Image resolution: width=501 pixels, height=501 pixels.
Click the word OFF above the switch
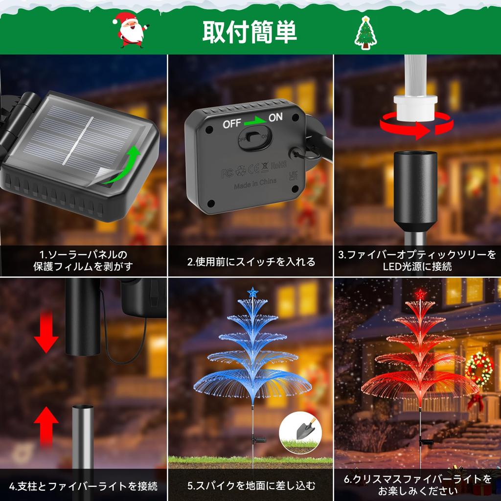point(232,124)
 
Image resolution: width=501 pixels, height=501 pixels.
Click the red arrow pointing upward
point(46,424)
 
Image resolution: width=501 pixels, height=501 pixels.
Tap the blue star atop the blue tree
point(252,293)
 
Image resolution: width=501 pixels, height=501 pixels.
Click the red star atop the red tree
point(420,294)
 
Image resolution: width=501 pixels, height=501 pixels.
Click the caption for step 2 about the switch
point(251,262)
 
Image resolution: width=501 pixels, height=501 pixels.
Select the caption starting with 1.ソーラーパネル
point(83,261)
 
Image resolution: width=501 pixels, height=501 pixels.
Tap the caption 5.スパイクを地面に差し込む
point(251,486)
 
